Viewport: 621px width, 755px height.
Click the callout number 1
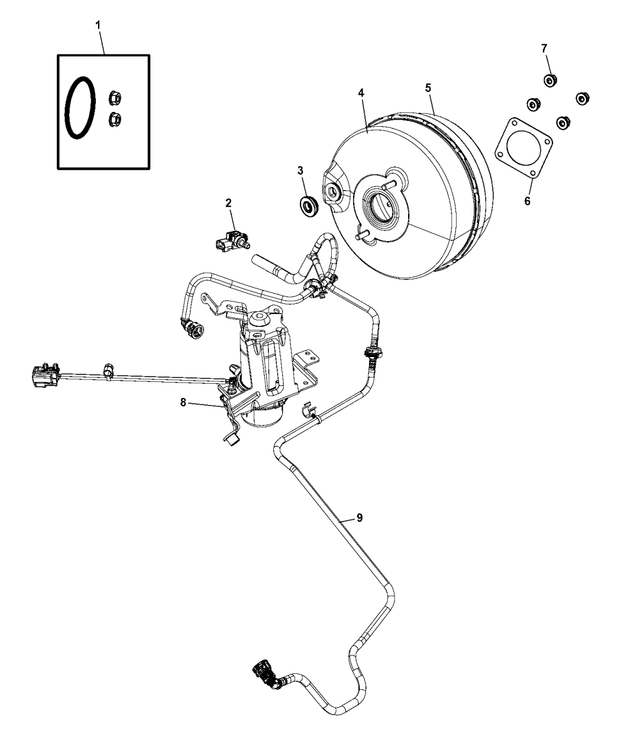pos(98,25)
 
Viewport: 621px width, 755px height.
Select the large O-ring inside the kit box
pos(80,107)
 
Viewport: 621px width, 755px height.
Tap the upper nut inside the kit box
pos(115,98)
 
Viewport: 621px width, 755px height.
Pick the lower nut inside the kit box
pos(115,118)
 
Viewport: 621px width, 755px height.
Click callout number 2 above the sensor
pos(228,203)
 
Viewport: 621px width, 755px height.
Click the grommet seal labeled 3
pos(309,207)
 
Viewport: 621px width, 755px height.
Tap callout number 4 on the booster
pos(361,93)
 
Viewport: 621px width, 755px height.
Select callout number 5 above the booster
pos(428,88)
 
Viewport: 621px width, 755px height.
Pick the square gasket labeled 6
pos(523,148)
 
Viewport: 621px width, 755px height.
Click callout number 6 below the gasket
pos(527,201)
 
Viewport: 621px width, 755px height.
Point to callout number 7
pos(544,49)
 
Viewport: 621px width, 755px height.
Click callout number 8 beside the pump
pos(183,401)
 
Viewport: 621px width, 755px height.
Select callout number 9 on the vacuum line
pos(360,518)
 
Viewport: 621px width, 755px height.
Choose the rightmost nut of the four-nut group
pos(583,99)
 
